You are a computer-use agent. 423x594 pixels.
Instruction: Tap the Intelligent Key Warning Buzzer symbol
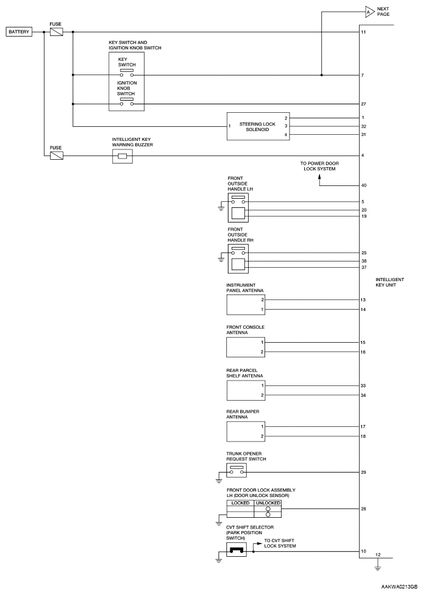click(x=122, y=157)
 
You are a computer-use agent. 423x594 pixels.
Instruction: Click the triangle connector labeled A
click(x=369, y=11)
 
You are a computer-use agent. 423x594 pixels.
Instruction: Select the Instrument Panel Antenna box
click(x=247, y=304)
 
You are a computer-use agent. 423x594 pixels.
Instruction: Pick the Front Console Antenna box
click(x=247, y=346)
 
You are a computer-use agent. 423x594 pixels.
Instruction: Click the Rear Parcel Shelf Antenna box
click(x=247, y=390)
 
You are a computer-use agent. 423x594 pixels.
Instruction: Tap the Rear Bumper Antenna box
click(x=247, y=431)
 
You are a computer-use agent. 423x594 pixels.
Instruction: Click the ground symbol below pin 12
click(x=378, y=568)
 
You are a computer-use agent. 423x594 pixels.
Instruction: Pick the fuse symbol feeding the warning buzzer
click(x=55, y=156)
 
